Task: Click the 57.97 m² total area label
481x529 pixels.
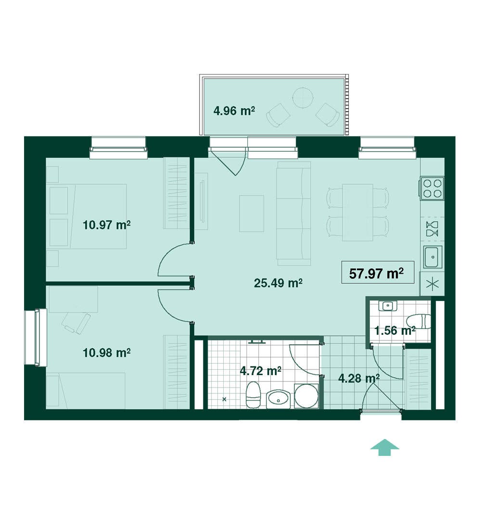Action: tap(376, 273)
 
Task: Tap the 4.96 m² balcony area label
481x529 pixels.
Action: tap(234, 111)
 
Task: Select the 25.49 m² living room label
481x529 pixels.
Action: tap(278, 283)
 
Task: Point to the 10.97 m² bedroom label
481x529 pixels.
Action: tap(107, 225)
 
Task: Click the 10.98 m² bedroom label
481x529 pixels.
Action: tap(107, 353)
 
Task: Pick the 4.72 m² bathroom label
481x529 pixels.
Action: tap(261, 371)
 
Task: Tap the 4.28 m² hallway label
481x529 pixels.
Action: tap(359, 378)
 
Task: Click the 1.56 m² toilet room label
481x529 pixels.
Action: tap(394, 331)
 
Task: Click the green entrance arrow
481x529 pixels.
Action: tap(384, 447)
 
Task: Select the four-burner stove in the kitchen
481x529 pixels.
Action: tap(432, 188)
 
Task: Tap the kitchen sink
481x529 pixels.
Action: tap(433, 257)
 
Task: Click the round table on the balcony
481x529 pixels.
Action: tap(303, 97)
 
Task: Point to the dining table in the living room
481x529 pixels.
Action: tap(357, 212)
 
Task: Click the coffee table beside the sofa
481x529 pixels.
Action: tap(252, 214)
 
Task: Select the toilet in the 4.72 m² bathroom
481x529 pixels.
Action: tap(253, 395)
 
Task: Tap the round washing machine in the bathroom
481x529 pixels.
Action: tap(306, 396)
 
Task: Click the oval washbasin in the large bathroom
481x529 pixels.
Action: tap(278, 399)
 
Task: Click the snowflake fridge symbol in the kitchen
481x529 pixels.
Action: tap(432, 284)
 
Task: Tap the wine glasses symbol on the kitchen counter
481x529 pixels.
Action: tap(432, 229)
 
